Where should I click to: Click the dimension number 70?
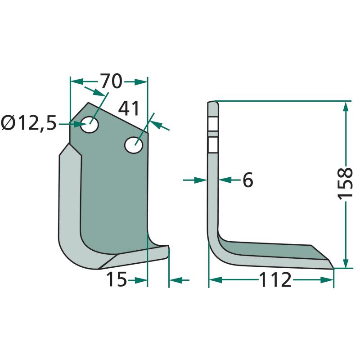pos(111,81)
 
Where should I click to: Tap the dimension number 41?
pos(129,108)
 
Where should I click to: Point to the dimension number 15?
pos(117,279)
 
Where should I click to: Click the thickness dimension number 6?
pos(248,180)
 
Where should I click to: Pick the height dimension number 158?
pos(345,184)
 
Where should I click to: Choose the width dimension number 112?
pos(275,279)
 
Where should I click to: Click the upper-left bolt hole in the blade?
pos(90,125)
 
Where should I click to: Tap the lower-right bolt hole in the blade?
pos(134,145)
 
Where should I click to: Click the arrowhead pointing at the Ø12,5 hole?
pos(80,124)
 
